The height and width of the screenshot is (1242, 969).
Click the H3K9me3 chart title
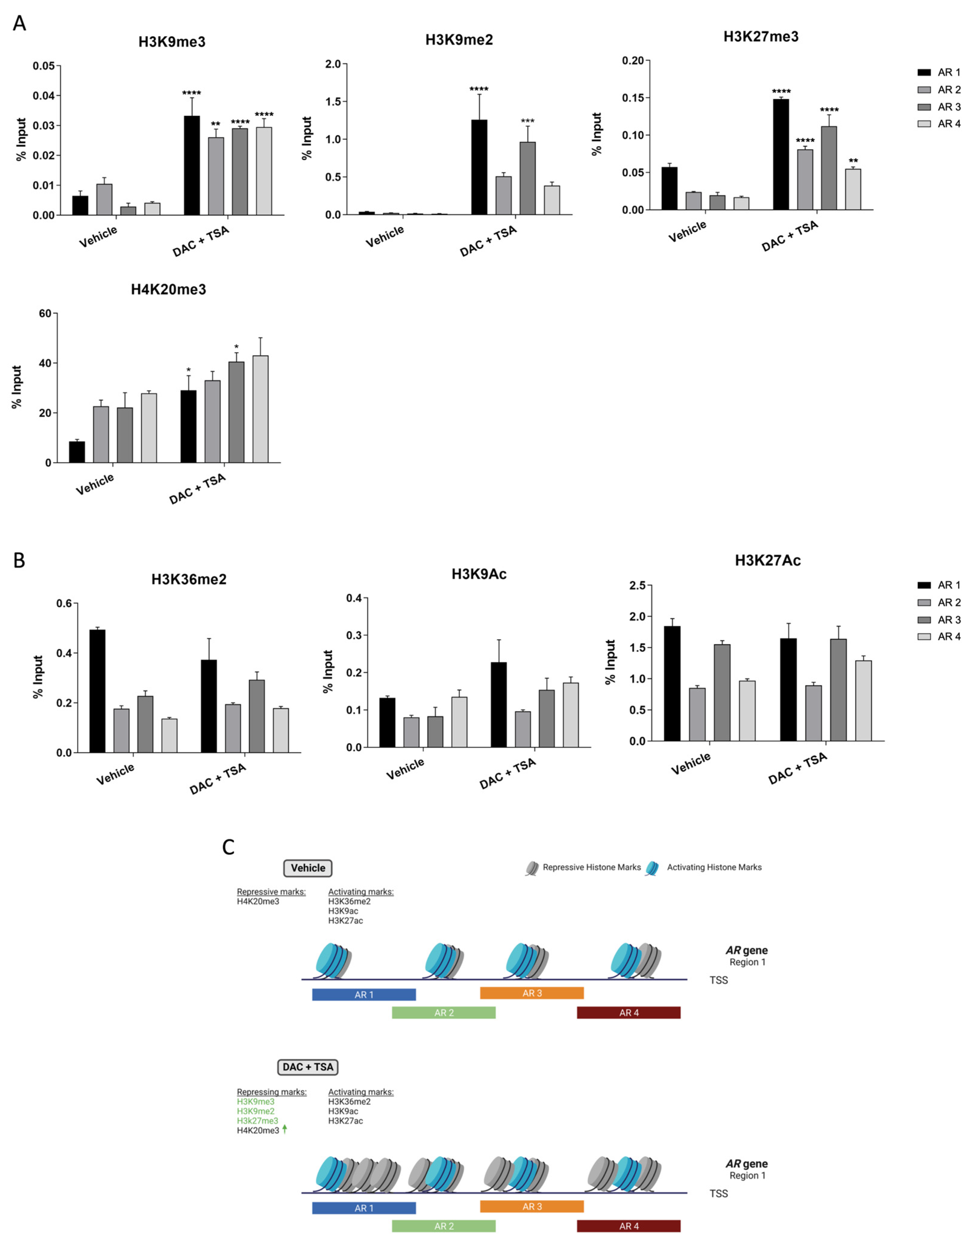(172, 42)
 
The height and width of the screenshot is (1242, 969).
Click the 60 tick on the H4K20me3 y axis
(45, 313)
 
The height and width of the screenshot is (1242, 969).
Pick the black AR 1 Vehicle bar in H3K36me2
(97, 691)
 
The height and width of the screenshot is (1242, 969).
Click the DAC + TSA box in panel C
(308, 1067)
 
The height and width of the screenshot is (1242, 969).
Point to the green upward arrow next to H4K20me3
(285, 1129)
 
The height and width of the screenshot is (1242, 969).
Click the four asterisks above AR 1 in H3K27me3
(781, 91)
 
